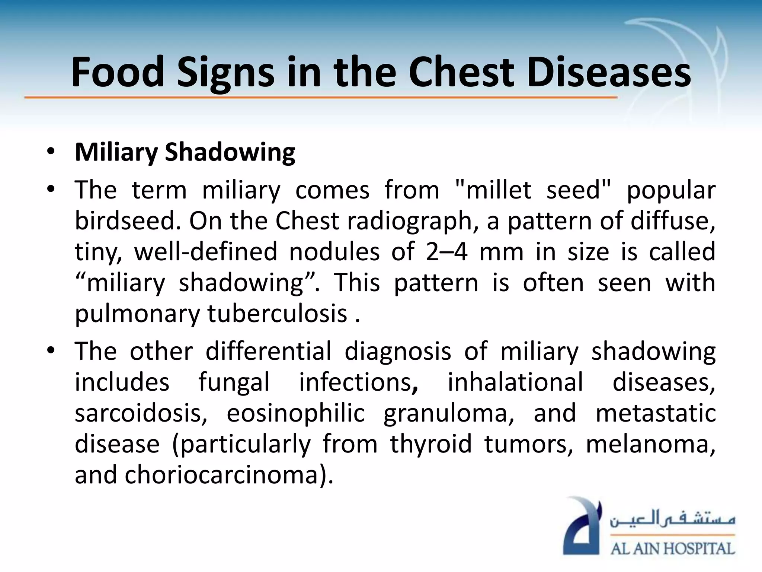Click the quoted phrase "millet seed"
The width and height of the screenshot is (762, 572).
point(533,190)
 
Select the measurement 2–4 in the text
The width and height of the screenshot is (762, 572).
point(446,252)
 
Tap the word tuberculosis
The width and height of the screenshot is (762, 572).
point(277,314)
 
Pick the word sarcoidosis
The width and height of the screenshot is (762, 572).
point(141,413)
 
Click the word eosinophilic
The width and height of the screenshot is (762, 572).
point(296,413)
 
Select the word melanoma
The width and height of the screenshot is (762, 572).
point(650,444)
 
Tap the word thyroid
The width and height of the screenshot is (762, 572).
point(431,444)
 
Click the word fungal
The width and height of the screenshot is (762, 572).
point(234,382)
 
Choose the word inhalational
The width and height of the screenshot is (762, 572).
point(515,382)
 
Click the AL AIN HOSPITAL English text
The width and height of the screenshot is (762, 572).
point(672,549)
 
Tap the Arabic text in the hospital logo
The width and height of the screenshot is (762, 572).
point(672,518)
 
